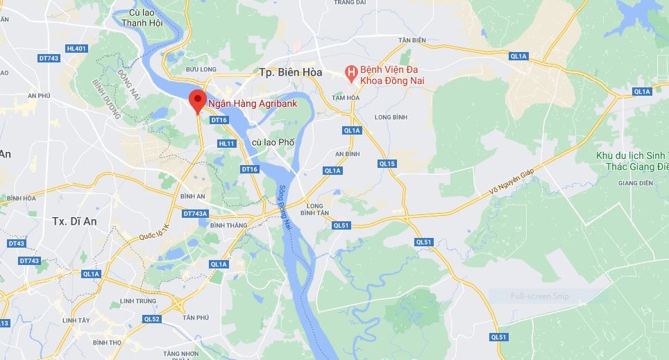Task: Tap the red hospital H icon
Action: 352,72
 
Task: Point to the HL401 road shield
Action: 76,49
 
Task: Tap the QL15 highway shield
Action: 387,164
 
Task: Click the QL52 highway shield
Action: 152,319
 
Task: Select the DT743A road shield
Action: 196,214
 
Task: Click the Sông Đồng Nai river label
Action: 284,202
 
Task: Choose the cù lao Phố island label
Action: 273,142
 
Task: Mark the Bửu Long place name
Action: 202,69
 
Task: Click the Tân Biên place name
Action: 412,40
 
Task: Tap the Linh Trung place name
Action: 135,300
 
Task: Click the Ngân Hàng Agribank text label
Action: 253,104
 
